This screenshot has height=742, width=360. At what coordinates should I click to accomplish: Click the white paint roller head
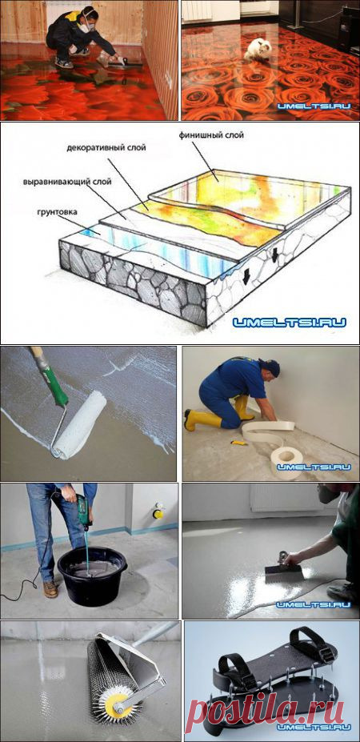(x=79, y=424)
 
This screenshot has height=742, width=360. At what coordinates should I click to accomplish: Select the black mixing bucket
(x=92, y=575)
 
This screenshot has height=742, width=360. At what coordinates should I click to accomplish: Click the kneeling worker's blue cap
(x=270, y=367)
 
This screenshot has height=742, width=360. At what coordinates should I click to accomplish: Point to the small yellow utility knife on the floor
(x=238, y=443)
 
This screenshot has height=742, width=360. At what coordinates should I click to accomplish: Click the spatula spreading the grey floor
(x=283, y=568)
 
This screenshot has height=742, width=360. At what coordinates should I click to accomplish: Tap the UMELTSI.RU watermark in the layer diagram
(x=289, y=323)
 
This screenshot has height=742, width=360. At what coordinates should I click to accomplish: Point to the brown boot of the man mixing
(x=50, y=590)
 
